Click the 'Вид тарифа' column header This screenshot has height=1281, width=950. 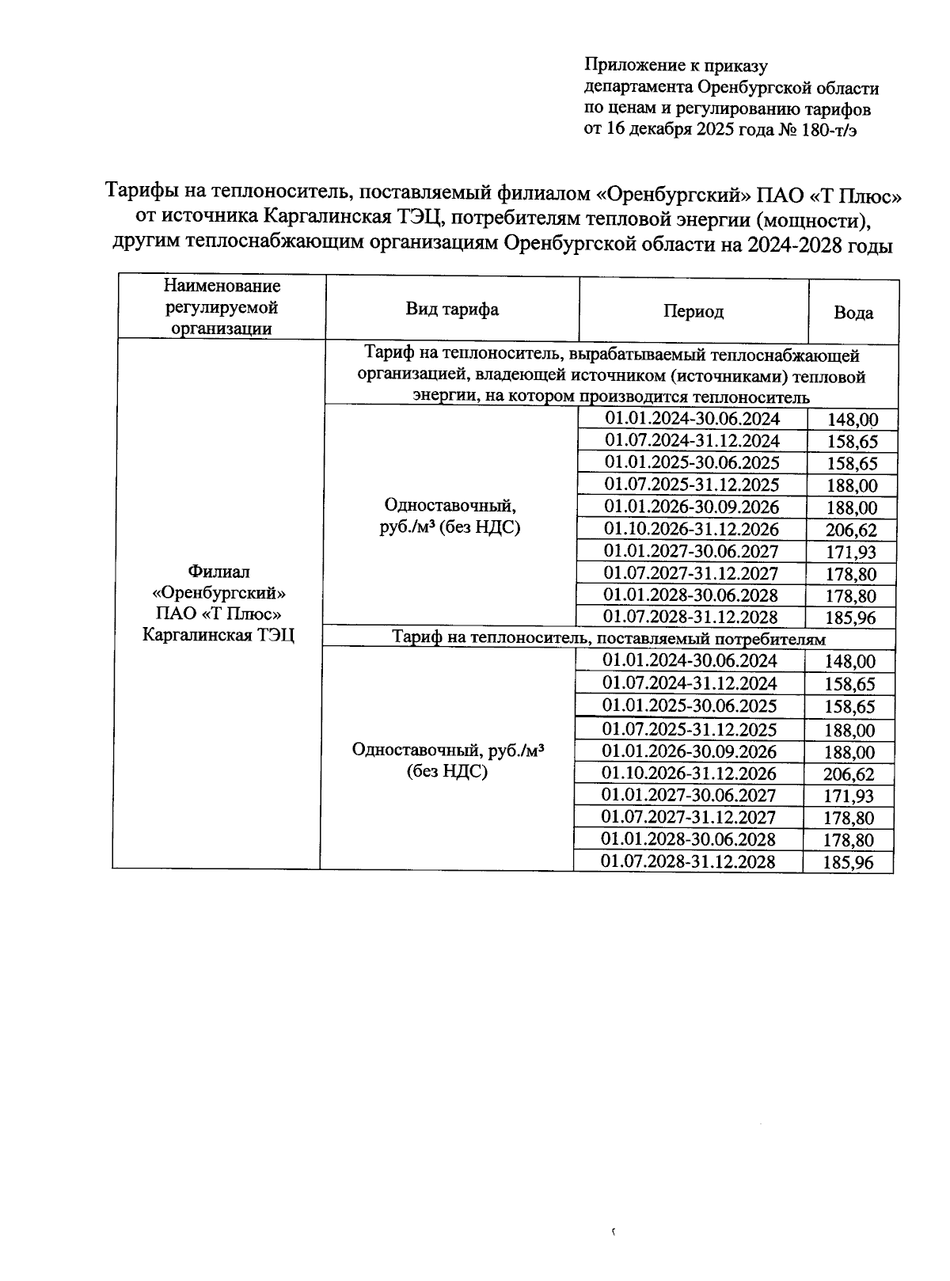pos(452,310)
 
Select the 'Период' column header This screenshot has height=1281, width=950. pos(693,312)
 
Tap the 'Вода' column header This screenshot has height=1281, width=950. pos(853,313)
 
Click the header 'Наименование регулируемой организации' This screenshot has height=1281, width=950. pos(222,307)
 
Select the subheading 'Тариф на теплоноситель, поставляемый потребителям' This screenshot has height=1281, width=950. pos(609,638)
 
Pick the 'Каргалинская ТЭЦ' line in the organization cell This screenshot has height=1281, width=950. pos(218,635)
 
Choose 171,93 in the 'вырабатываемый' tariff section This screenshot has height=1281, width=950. pos(851,553)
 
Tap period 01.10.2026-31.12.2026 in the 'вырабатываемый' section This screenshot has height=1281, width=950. pos(691,529)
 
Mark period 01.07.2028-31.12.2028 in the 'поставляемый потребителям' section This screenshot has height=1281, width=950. pos(688,861)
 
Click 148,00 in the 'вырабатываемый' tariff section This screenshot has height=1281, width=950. pos(852,420)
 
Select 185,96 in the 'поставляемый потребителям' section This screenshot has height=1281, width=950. pos(848,863)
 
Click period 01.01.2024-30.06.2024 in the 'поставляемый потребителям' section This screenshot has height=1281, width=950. pos(689,661)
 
